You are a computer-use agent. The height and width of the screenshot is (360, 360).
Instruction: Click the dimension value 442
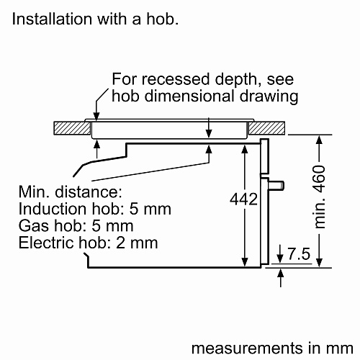[x=243, y=199]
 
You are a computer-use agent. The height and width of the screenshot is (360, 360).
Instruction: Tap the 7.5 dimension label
[x=299, y=253]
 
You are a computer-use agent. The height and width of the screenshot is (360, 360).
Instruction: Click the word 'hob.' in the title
[x=163, y=19]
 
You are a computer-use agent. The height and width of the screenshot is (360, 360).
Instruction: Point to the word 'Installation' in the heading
[x=52, y=19]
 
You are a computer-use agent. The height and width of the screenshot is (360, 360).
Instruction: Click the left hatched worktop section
[x=72, y=128]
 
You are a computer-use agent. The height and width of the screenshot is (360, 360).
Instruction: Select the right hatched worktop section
[x=266, y=128]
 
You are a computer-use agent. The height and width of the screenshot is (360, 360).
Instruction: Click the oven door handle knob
[x=276, y=185]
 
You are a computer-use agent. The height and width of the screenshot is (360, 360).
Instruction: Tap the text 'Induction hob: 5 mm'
[x=95, y=209]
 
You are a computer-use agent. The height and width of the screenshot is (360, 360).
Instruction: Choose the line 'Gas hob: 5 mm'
[x=76, y=226]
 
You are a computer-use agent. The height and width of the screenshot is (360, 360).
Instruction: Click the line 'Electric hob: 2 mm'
[x=88, y=243]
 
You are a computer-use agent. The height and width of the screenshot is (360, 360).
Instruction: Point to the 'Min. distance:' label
[x=71, y=192]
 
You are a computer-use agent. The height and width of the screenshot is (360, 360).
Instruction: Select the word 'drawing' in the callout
[x=269, y=96]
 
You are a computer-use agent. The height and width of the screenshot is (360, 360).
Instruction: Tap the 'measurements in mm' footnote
[x=272, y=348]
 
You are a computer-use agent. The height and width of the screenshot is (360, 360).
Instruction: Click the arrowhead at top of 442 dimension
[x=245, y=149]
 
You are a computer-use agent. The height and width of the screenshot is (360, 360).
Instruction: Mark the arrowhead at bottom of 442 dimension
[x=245, y=262]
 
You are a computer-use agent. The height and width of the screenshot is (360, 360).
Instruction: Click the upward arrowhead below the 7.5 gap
[x=280, y=274]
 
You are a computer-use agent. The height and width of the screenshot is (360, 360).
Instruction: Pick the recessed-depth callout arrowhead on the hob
[x=96, y=116]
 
